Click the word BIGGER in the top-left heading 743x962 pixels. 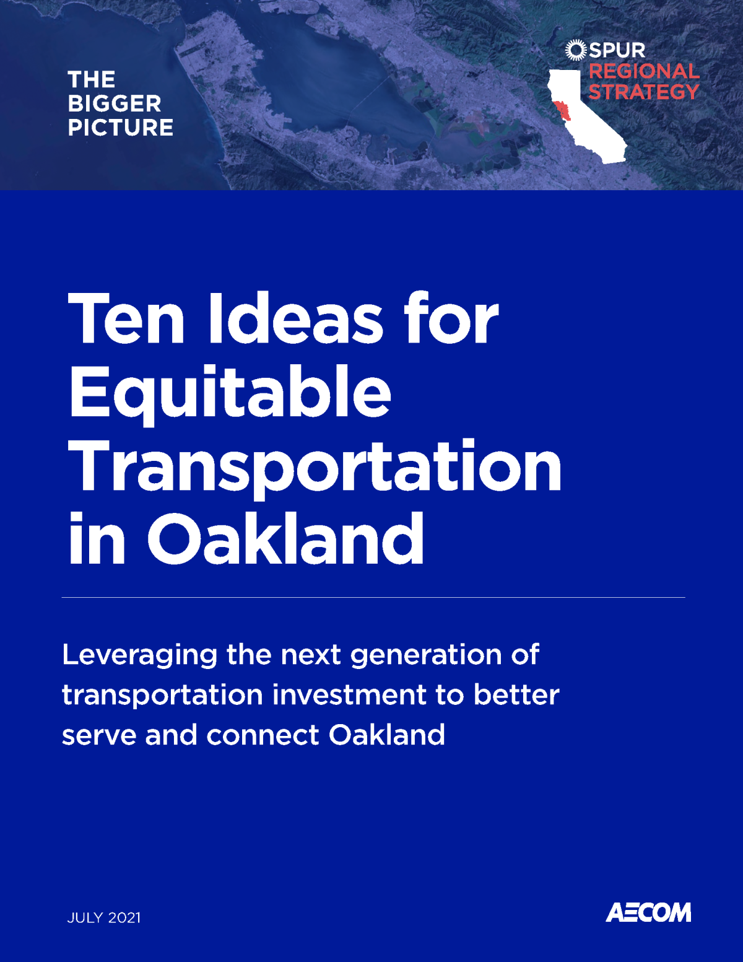coord(115,103)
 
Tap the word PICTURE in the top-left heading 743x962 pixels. coord(121,128)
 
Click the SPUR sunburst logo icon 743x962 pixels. coord(575,50)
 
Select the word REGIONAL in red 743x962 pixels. coord(644,71)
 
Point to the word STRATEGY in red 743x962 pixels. coord(644,92)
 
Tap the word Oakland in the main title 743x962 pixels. coord(285,539)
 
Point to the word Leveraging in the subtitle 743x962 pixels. coord(140,655)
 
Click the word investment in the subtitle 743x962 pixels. coord(349,695)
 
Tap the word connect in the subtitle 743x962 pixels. coord(263,735)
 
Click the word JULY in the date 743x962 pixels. coord(84,917)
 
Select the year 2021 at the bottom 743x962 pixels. coord(124,917)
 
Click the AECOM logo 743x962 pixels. coord(648,912)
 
